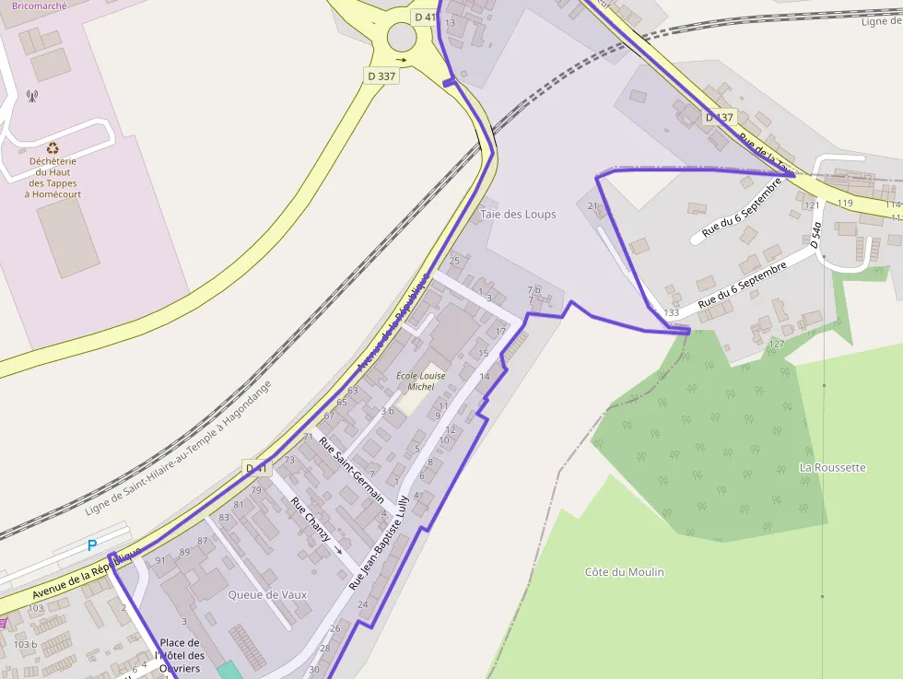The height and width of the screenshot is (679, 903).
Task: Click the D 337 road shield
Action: pos(381,76)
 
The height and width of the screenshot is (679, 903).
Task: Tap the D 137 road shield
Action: pos(721,117)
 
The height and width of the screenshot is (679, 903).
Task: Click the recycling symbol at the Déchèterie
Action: pos(53,146)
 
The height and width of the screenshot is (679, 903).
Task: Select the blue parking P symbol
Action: pos(92,545)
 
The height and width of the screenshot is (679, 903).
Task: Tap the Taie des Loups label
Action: pos(518,215)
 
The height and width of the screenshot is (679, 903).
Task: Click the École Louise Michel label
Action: pos(420,381)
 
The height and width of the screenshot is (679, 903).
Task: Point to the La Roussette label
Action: pos(832,468)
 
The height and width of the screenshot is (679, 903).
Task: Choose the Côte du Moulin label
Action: pos(624,572)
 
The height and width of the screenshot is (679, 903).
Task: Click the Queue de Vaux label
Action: pos(267,595)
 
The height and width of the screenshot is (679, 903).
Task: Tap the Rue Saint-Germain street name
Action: pos(351,468)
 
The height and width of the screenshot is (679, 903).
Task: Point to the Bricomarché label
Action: pos(40,6)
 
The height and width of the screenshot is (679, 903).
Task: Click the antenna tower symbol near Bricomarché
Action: pos(31,95)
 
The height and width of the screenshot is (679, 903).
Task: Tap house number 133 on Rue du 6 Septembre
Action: pos(671,313)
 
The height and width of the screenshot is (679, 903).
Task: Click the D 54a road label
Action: pos(815,234)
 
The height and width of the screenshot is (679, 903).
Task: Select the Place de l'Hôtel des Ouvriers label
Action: pos(180,655)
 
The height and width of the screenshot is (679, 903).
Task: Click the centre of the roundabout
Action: pos(403,37)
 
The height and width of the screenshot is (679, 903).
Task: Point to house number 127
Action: pos(776,344)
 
